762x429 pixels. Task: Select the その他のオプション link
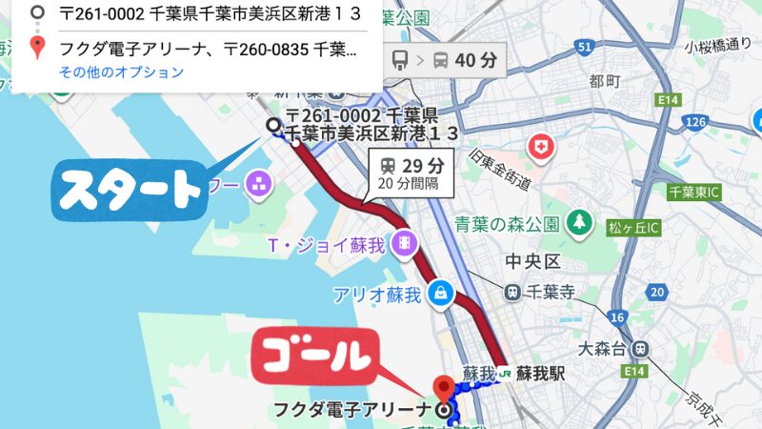121,72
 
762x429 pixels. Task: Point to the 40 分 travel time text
476,60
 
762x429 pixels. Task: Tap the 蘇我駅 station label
541,373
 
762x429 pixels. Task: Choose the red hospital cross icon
541,148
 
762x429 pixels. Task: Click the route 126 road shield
698,121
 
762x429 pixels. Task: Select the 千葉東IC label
700,191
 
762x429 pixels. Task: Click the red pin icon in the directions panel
37,47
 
